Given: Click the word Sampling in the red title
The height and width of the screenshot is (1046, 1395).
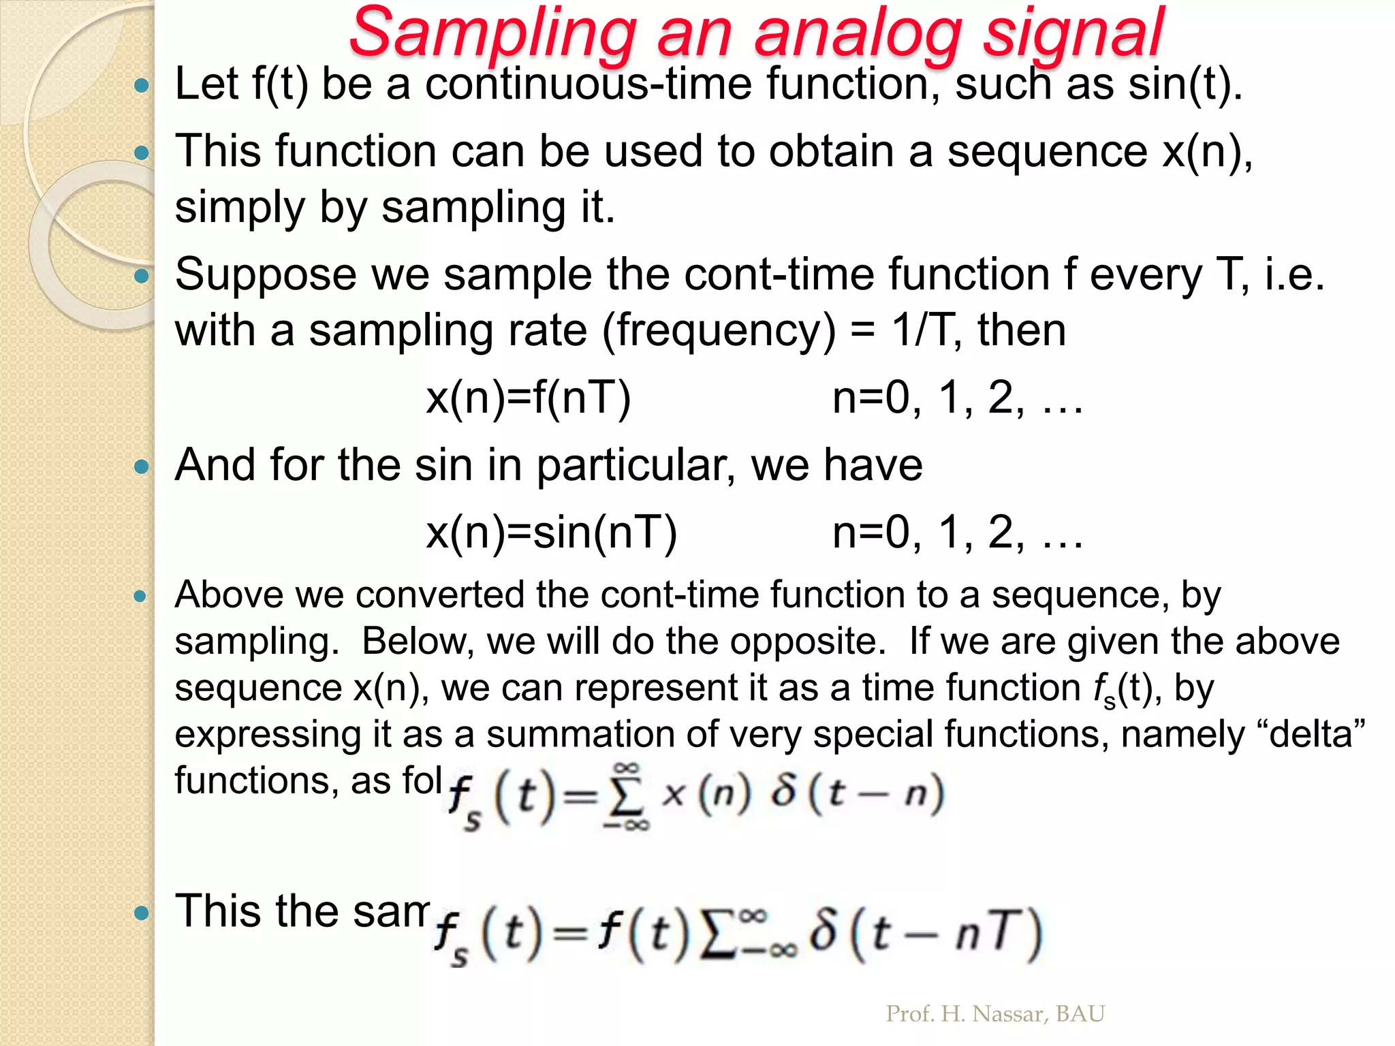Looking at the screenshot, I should (x=492, y=33).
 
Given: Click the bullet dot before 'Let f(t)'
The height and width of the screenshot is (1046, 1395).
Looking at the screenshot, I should (x=142, y=86).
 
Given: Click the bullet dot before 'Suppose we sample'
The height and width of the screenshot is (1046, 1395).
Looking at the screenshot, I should (x=142, y=276).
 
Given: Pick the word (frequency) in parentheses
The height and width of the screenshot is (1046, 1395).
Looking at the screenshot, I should (x=719, y=331).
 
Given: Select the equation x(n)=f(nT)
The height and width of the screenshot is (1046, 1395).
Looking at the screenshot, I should (x=529, y=398).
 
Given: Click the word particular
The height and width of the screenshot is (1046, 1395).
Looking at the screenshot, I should (x=636, y=466).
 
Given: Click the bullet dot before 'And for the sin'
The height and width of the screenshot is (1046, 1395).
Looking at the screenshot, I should (x=142, y=467).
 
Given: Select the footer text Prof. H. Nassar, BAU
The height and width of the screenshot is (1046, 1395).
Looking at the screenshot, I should (x=994, y=1014).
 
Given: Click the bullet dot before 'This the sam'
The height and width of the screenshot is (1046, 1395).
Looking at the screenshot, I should (x=142, y=913).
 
